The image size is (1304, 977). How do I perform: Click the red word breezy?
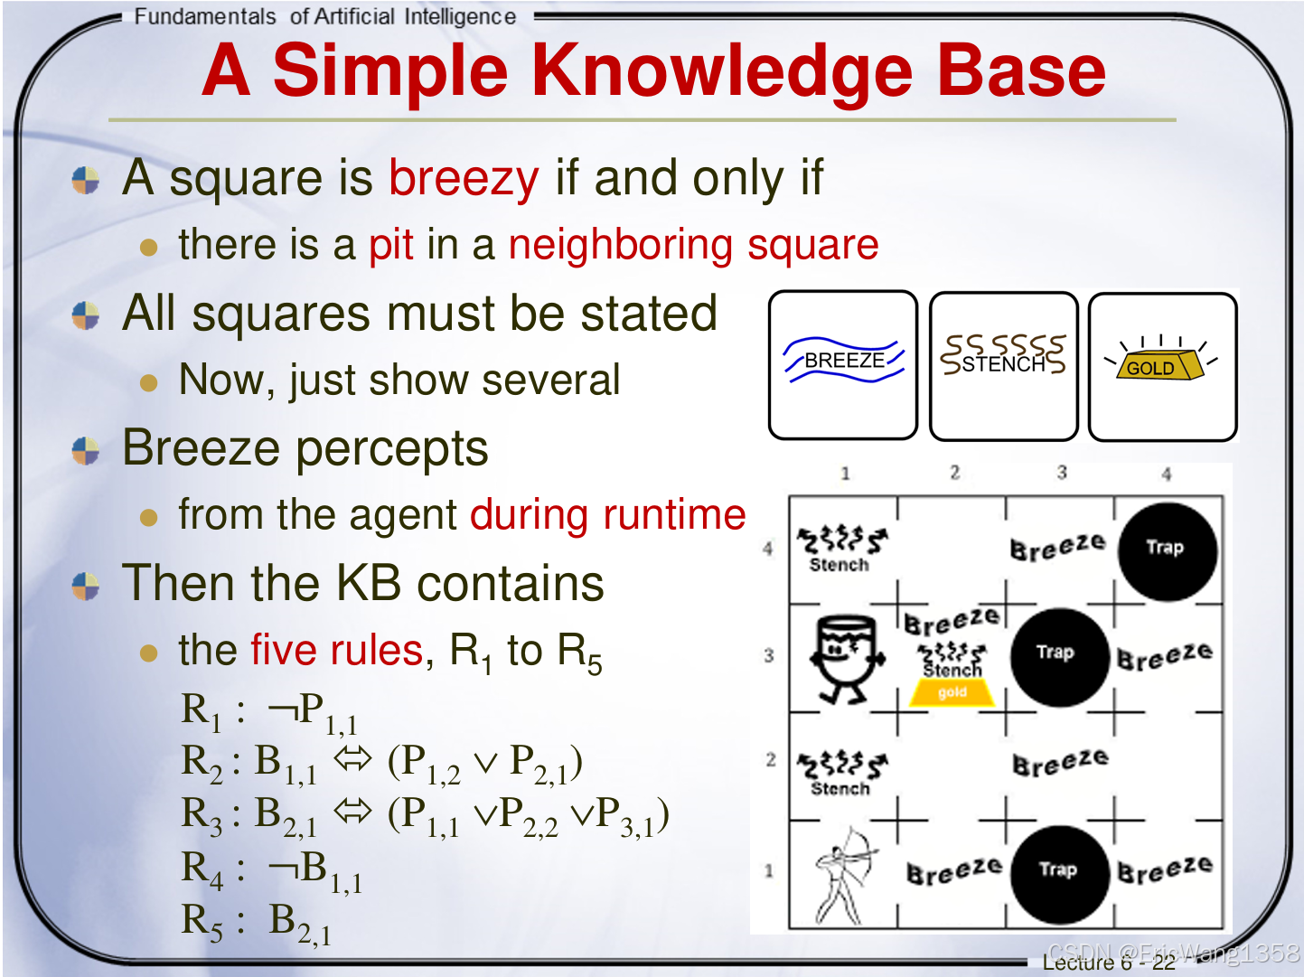(464, 179)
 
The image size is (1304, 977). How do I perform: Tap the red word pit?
(391, 245)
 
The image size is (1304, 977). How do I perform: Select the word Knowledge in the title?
(722, 71)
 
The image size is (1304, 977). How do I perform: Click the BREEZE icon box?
(843, 365)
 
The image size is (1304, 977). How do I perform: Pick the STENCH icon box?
(1003, 366)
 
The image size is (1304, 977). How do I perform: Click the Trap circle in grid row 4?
(1168, 551)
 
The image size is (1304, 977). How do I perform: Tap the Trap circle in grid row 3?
(1060, 657)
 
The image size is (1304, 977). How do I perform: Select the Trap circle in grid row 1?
(1060, 874)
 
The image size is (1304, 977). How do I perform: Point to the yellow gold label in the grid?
(952, 692)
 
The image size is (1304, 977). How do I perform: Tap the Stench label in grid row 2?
(840, 789)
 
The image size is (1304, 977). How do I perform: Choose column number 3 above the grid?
(1062, 472)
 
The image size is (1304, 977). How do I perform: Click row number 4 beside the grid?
(767, 548)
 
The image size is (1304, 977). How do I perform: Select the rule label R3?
(202, 816)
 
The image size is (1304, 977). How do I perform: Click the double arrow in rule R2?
(352, 759)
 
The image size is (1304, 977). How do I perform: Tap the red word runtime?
(674, 515)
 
